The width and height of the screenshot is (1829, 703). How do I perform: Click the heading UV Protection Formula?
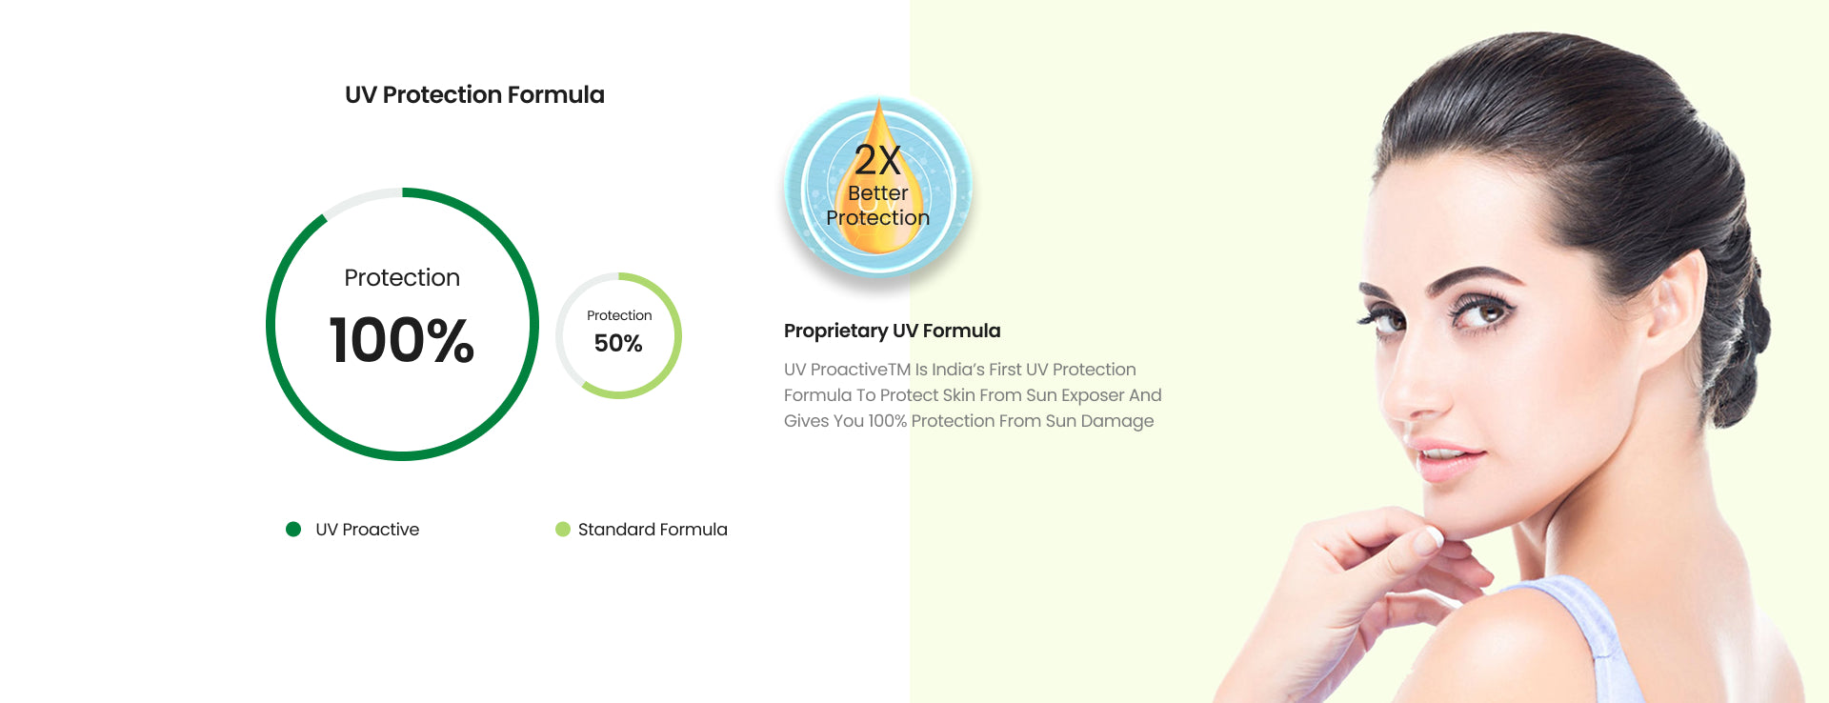474,95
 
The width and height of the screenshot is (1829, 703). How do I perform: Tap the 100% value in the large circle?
402,340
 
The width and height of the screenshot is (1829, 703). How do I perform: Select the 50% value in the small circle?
618,343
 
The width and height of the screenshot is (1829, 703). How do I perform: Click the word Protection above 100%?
402,277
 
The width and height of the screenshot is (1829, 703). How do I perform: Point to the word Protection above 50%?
619,315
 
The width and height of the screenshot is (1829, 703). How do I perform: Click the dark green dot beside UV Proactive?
293,530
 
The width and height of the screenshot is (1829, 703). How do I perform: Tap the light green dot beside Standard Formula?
563,530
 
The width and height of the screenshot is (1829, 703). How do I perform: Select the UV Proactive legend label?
368,530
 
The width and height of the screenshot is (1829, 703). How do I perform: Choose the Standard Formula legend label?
653,530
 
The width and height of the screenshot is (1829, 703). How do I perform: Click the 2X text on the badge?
877,160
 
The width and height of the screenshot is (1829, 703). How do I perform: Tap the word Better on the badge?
878,192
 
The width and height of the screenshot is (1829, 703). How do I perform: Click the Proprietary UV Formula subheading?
893,331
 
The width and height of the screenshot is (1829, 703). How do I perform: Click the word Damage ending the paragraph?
1117,421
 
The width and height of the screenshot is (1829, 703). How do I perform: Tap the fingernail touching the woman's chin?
1428,540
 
